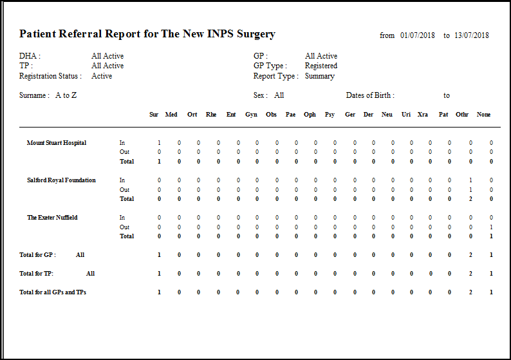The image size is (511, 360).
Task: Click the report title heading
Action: [147, 34]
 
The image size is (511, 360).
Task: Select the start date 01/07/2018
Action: [418, 35]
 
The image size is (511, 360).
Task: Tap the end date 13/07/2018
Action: [471, 35]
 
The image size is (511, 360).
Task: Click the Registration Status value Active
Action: [102, 76]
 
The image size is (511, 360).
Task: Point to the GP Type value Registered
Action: [321, 66]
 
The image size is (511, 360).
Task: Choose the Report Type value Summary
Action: [319, 76]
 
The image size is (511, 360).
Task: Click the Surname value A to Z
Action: [66, 95]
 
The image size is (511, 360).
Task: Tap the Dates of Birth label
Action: [370, 95]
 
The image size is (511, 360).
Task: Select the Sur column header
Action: [154, 115]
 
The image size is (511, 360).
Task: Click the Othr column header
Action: [462, 115]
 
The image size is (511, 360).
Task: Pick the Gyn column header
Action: [251, 115]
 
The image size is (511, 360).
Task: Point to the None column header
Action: [484, 115]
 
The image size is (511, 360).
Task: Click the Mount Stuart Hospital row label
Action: [57, 142]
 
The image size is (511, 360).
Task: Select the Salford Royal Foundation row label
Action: [61, 180]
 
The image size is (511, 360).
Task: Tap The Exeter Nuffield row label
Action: [52, 218]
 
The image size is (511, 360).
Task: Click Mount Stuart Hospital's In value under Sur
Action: [159, 143]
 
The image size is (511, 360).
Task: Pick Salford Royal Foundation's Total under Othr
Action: [470, 199]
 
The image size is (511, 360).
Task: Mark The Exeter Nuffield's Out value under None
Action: [491, 227]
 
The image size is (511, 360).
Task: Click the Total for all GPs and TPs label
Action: [53, 292]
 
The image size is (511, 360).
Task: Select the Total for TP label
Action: [37, 274]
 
